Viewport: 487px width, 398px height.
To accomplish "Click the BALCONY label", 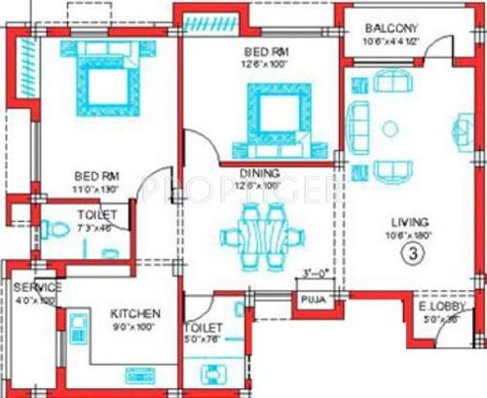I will pyautogui.click(x=392, y=28).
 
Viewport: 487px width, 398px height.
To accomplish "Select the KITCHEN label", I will pyautogui.click(x=134, y=314).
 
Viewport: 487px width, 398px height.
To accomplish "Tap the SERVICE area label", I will pyautogui.click(x=37, y=288).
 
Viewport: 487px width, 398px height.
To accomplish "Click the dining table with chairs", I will pyautogui.click(x=258, y=238).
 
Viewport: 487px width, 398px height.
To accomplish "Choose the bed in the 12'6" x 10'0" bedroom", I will pyautogui.click(x=277, y=115).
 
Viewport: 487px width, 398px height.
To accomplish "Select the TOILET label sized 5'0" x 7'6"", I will pyautogui.click(x=206, y=329).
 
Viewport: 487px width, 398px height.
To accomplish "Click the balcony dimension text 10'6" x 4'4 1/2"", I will pyautogui.click(x=393, y=41).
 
